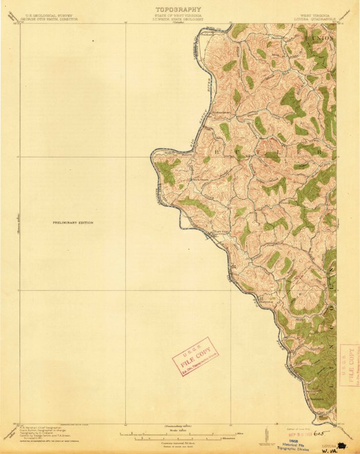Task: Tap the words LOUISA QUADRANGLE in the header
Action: (x=316, y=19)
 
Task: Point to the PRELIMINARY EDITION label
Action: (x=73, y=222)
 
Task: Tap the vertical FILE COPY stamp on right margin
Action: (x=348, y=365)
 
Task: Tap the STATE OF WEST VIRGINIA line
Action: (x=178, y=16)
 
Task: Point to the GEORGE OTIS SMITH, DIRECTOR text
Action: (x=48, y=19)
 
